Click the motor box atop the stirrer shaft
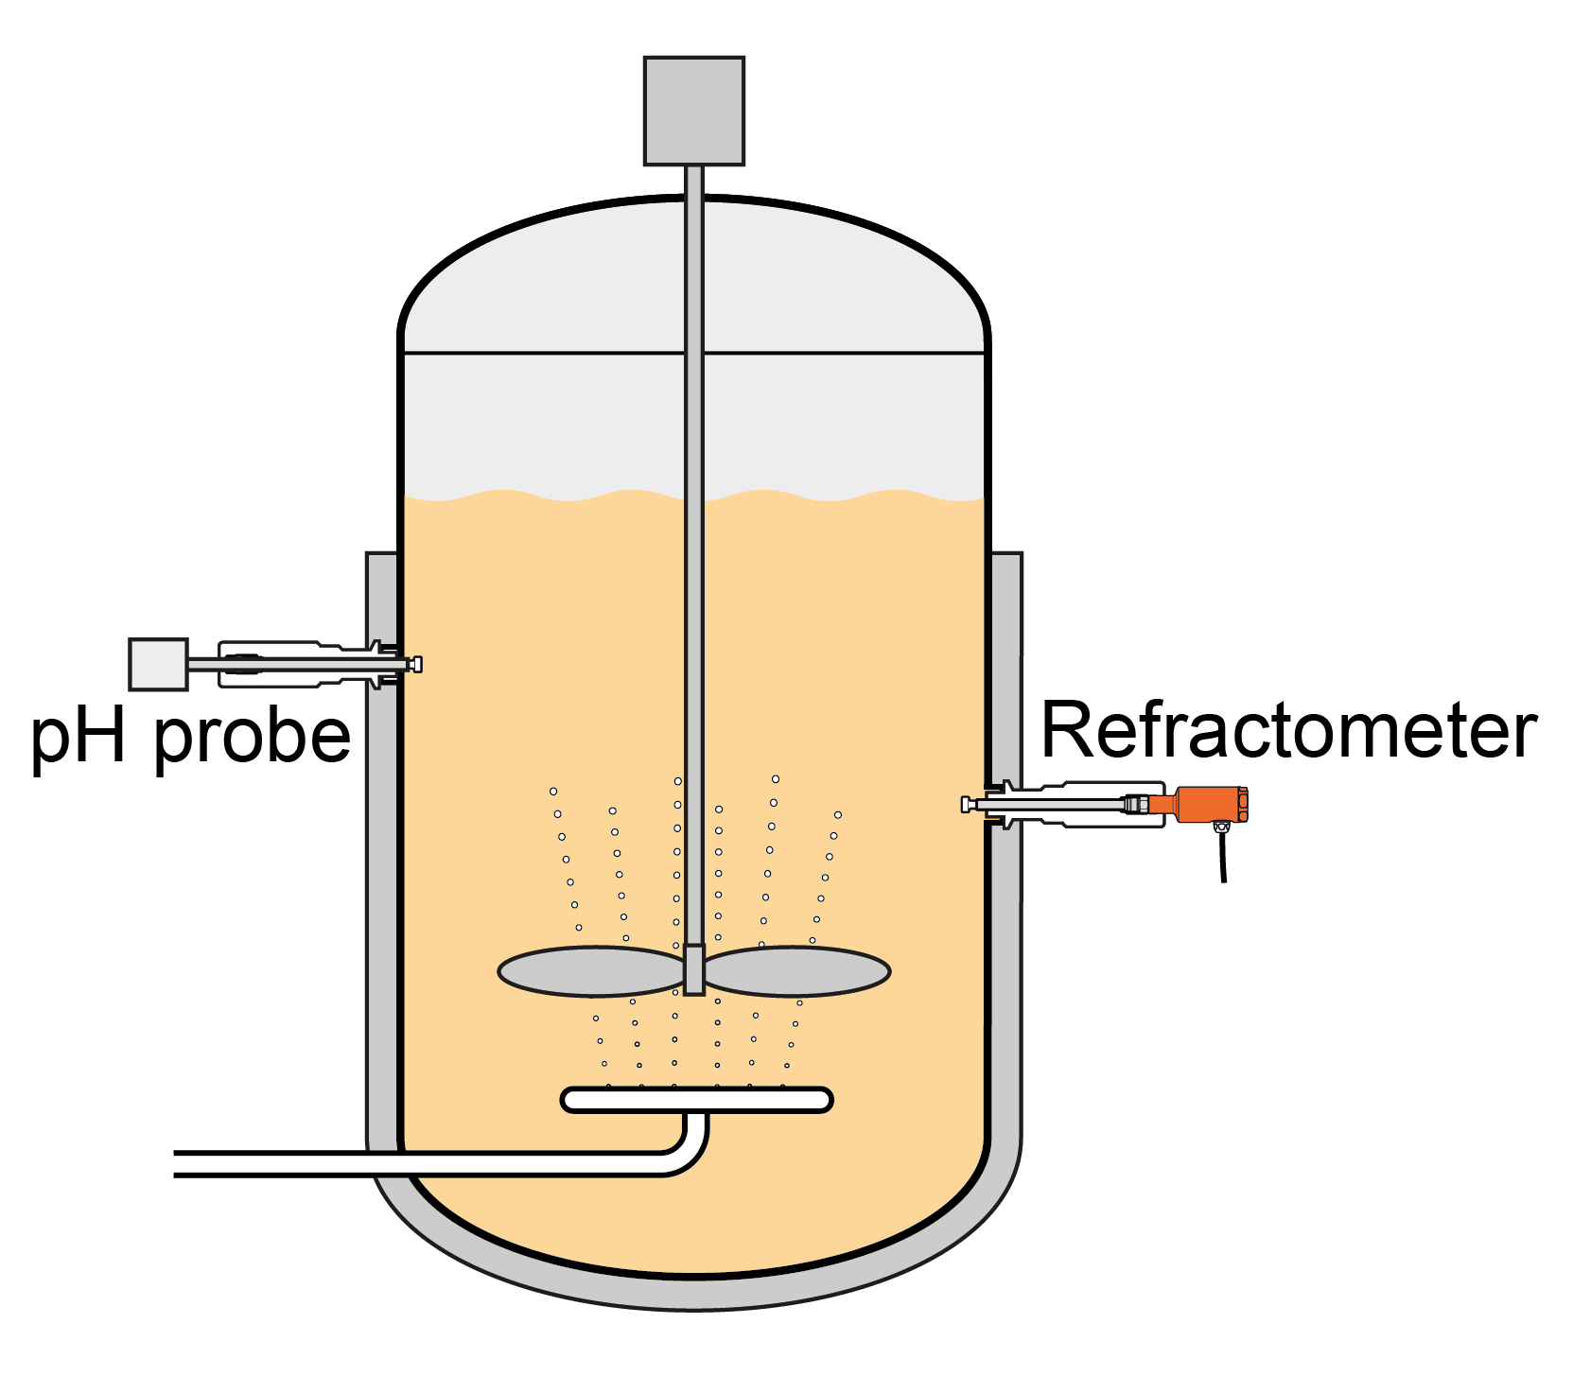tap(693, 111)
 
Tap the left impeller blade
tap(590, 970)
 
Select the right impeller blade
tap(796, 970)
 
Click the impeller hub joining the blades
tap(693, 969)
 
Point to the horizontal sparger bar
tap(696, 1099)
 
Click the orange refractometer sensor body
tap(1211, 805)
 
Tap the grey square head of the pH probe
tap(158, 664)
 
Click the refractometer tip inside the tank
tap(967, 805)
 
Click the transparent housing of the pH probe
tap(293, 664)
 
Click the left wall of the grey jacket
tap(381, 851)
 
